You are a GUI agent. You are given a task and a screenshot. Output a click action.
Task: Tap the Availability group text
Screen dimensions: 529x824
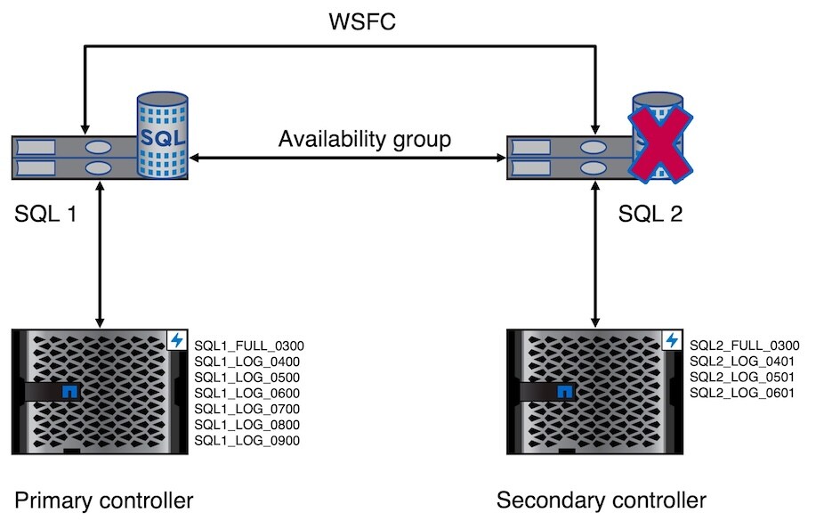(x=365, y=140)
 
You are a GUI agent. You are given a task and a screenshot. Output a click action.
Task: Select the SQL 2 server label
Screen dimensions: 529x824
(x=650, y=214)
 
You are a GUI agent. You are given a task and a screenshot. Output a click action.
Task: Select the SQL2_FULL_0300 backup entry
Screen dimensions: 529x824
(x=745, y=346)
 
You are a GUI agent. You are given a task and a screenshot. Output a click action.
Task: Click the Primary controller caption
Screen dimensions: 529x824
(x=104, y=501)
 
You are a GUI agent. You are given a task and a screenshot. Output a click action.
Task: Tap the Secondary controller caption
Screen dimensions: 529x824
(x=602, y=501)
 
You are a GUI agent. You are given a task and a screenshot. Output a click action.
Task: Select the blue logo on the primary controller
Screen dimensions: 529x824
(x=68, y=391)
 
